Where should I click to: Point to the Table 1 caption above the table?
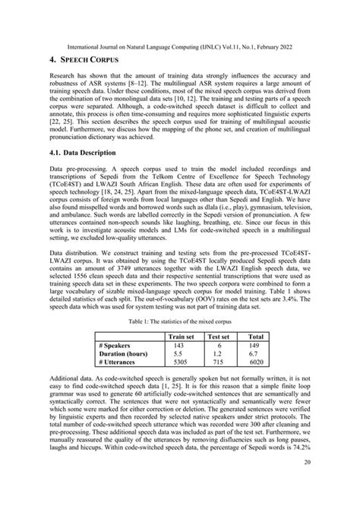click(180, 322)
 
